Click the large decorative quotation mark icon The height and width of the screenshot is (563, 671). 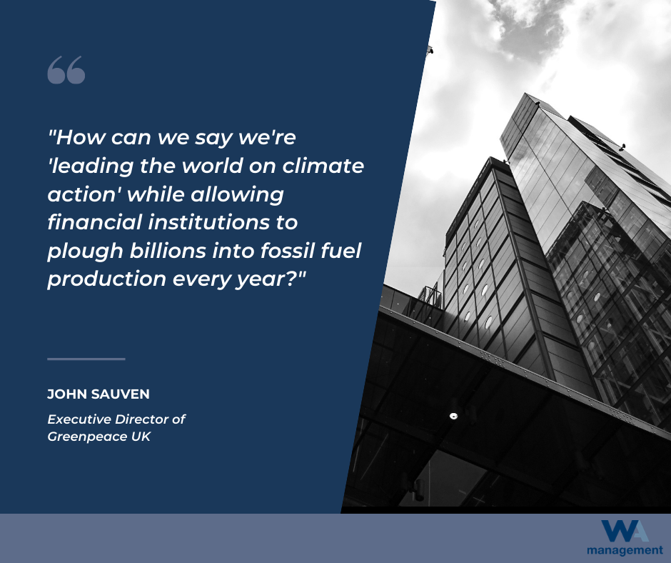point(66,70)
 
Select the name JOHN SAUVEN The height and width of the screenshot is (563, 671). point(99,394)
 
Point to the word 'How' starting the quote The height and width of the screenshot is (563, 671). point(81,138)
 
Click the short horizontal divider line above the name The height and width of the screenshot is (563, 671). point(86,359)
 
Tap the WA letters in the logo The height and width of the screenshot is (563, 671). point(625,532)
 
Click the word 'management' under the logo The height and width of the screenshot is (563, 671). point(625,551)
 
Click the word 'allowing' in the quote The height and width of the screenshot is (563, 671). point(237,195)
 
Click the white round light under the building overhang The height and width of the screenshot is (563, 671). point(453,416)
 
